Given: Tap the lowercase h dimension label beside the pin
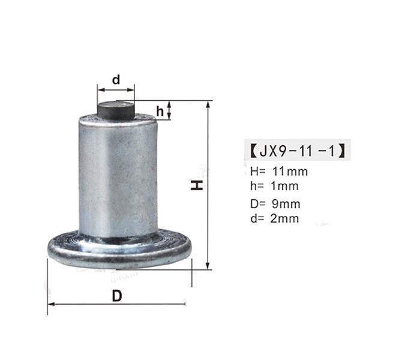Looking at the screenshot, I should click(160, 111).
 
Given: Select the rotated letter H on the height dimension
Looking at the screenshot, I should click(197, 185).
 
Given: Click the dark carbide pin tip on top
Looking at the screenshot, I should click(116, 110).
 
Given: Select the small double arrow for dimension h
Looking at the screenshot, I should click(170, 110).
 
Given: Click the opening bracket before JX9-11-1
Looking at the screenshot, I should click(252, 150).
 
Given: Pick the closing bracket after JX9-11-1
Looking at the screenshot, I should click(344, 150).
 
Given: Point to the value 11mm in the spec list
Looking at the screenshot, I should click(289, 172).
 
